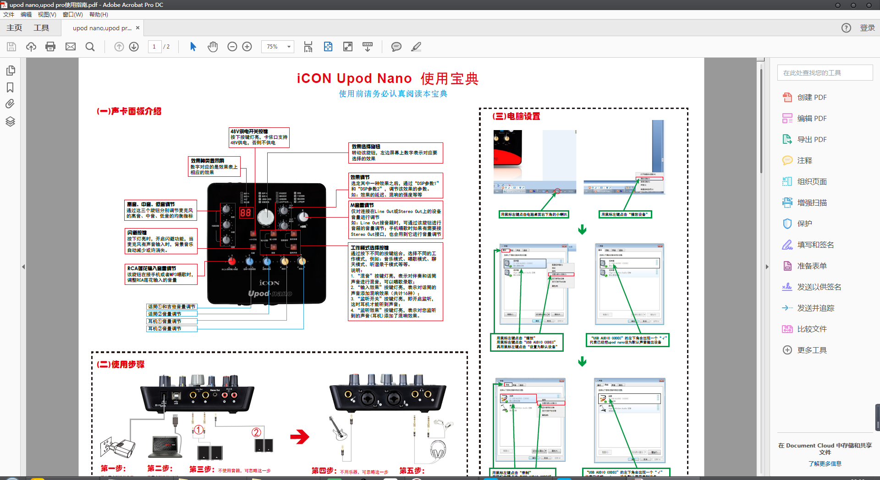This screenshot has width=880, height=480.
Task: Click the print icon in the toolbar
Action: tap(50, 47)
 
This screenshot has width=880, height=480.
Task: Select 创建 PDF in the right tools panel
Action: tap(811, 98)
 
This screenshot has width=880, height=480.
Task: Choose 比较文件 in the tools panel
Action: tap(811, 329)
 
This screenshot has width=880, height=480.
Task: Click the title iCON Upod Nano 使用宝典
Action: tap(387, 79)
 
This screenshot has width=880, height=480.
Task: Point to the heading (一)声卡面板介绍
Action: tap(129, 111)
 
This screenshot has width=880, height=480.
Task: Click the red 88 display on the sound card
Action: tap(246, 213)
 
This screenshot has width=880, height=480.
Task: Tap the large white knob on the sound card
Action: tap(265, 218)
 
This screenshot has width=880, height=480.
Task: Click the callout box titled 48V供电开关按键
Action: tap(259, 137)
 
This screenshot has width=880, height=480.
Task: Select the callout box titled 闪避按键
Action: tap(161, 241)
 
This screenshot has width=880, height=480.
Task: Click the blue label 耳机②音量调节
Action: tap(172, 329)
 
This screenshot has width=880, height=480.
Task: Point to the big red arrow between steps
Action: tap(300, 436)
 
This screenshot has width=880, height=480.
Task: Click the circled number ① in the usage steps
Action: tap(198, 430)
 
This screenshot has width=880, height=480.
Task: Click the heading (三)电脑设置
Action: tap(516, 116)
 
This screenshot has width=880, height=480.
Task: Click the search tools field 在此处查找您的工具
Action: tap(825, 73)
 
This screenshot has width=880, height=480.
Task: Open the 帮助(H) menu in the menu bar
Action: tap(99, 15)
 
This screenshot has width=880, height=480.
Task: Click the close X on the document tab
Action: tap(137, 28)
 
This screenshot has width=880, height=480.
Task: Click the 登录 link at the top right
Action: tap(867, 28)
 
